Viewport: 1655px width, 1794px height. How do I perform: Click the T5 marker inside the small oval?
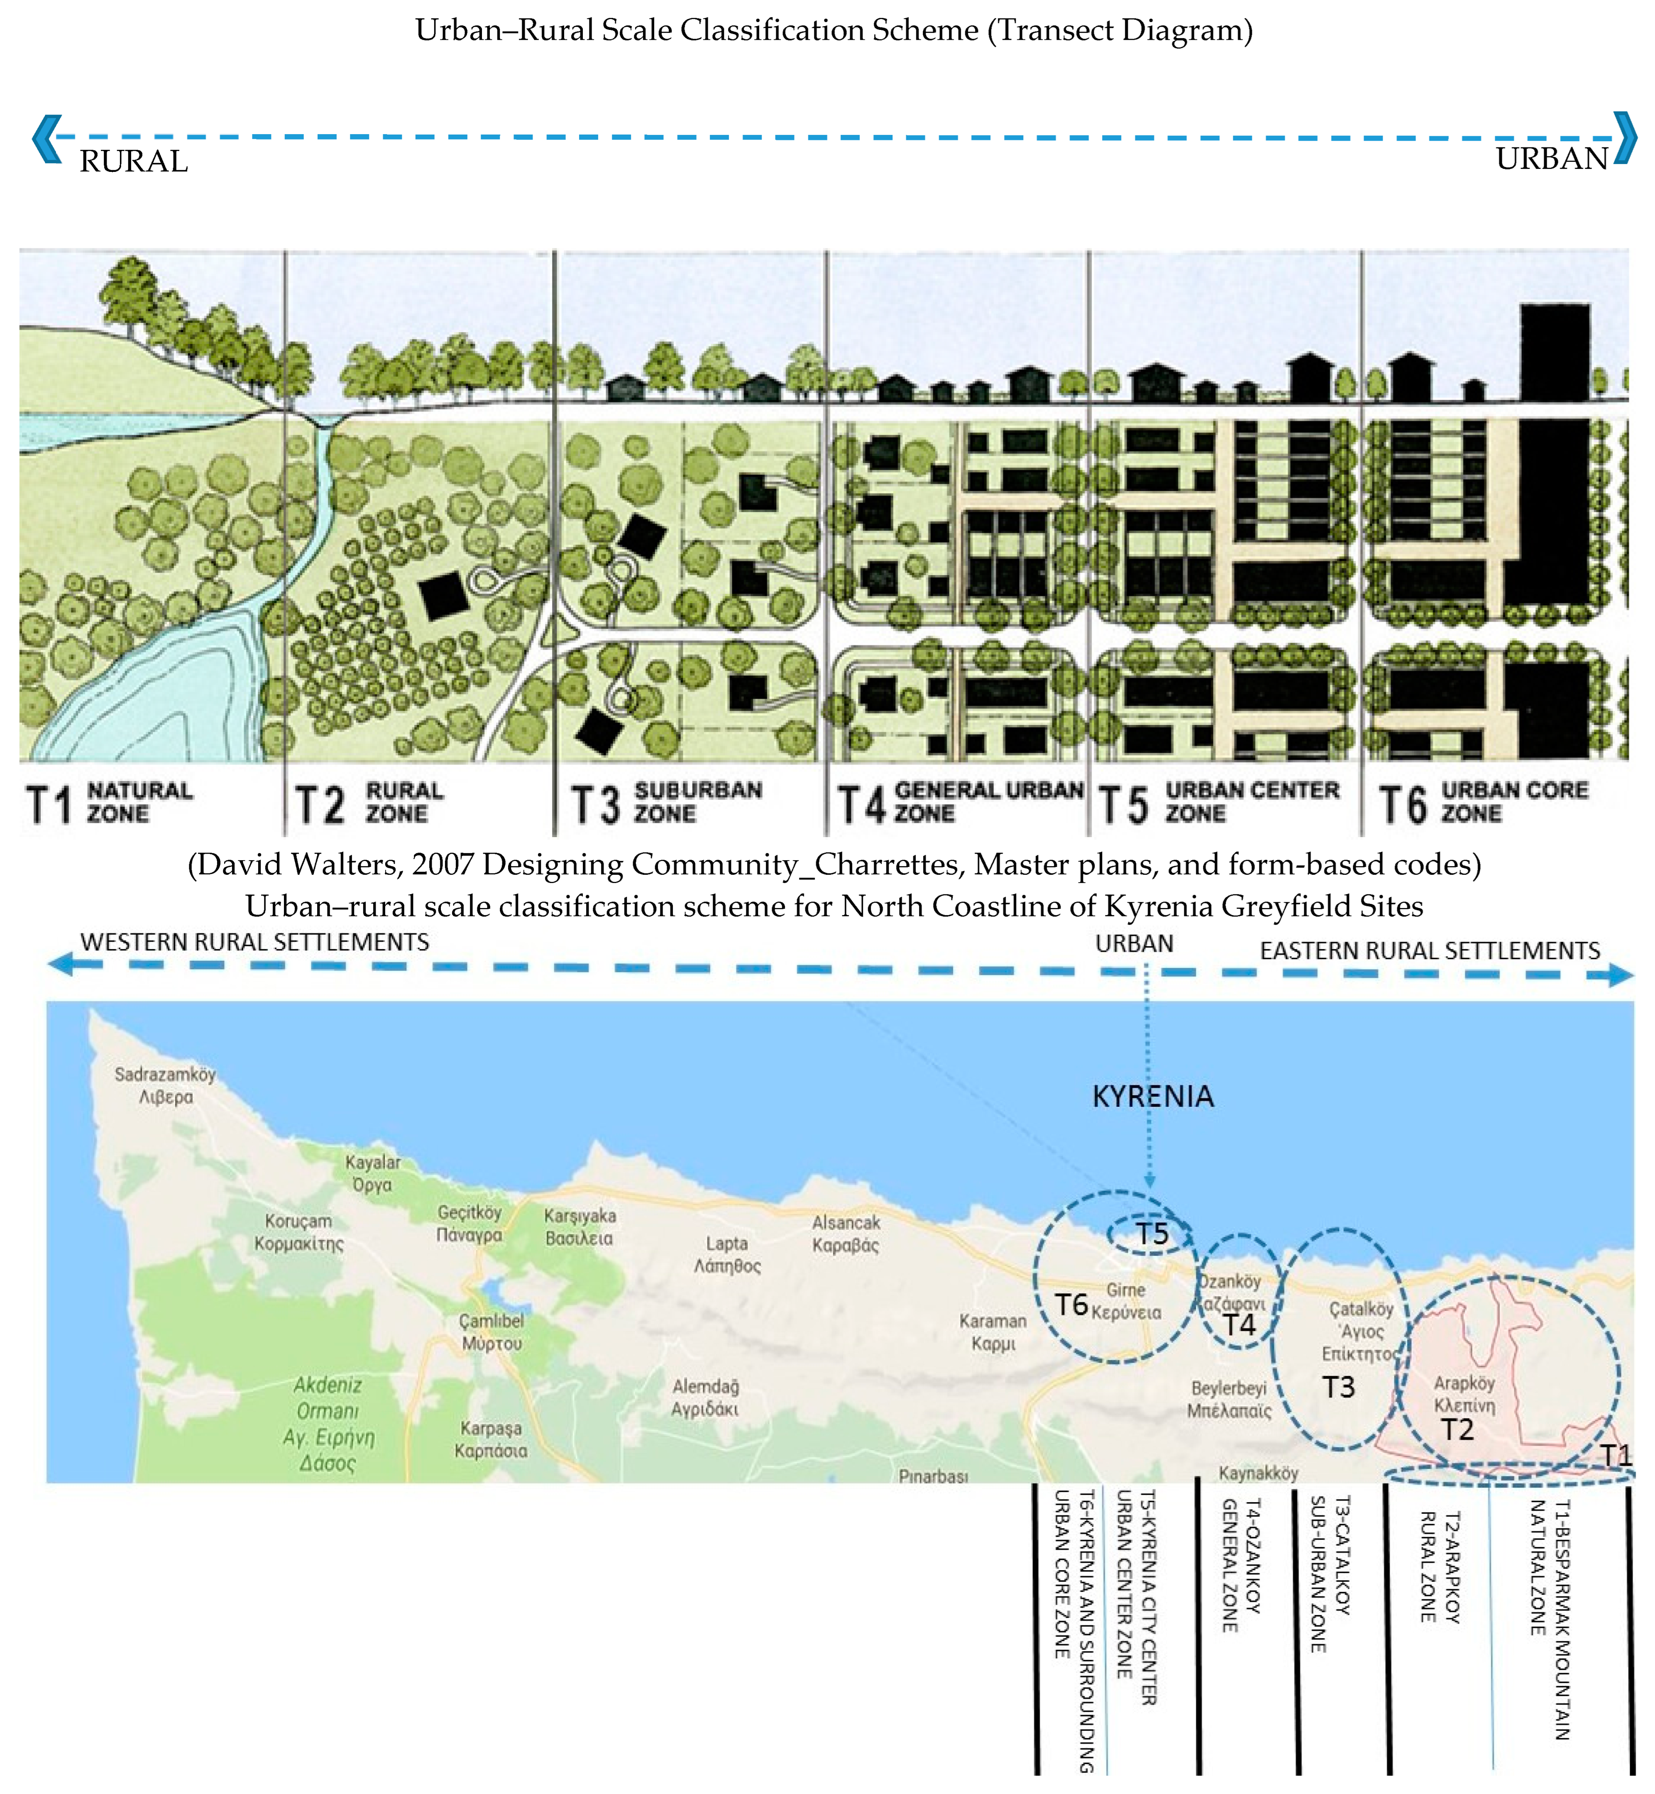1153,1234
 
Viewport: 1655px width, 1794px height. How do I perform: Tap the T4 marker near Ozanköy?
1239,1326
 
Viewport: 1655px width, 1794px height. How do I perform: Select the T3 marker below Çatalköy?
1339,1388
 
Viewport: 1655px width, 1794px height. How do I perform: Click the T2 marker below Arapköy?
1457,1429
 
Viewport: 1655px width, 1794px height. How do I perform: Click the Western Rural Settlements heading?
254,942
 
